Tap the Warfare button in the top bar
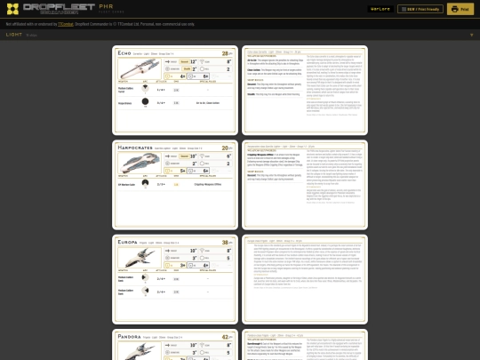coord(380,9)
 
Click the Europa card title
coord(131,241)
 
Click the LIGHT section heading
coord(14,35)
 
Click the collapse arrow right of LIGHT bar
coord(471,35)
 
